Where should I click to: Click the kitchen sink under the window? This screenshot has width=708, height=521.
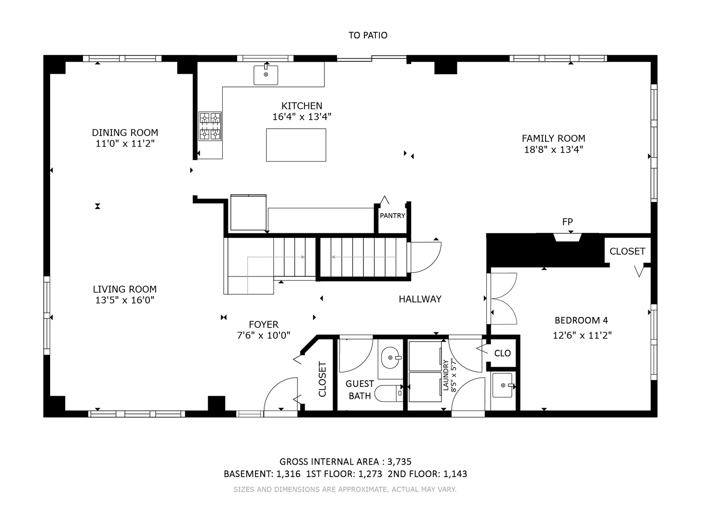[266, 75]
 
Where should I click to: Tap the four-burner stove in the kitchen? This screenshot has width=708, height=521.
[210, 126]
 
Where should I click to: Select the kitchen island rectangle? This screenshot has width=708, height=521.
[296, 145]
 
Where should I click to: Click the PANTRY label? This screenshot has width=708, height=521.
[392, 216]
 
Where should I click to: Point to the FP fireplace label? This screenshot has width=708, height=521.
[567, 222]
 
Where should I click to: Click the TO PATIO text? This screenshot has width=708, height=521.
[368, 35]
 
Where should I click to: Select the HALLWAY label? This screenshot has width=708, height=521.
[420, 299]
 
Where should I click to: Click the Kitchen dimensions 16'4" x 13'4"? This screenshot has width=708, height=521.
[302, 117]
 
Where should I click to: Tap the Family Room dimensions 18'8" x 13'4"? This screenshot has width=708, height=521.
[553, 150]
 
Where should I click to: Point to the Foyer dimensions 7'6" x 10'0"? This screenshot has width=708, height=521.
[264, 335]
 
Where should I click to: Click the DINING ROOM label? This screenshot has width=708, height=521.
[125, 133]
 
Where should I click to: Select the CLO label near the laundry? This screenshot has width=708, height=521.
[503, 353]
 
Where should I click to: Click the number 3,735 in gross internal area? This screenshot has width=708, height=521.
[400, 462]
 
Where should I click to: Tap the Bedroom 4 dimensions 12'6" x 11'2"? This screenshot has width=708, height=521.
[582, 335]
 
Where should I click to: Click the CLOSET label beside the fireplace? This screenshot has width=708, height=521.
[628, 251]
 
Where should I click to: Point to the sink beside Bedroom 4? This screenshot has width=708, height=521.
[503, 385]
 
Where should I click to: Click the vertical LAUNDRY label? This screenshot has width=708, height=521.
[446, 375]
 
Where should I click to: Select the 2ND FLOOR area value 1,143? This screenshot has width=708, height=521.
[455, 474]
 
